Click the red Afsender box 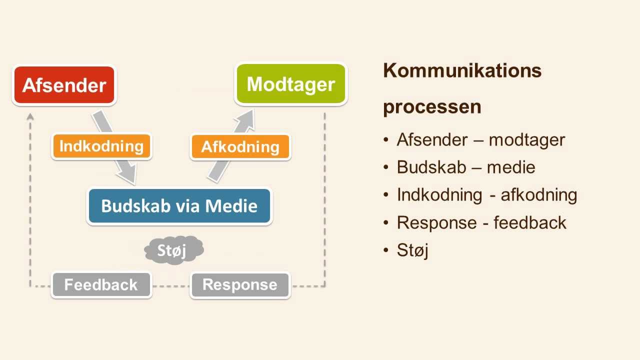pyautogui.click(x=64, y=85)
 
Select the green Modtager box pyautogui.click(x=291, y=84)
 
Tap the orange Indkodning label pyautogui.click(x=101, y=146)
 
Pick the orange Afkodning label pyautogui.click(x=240, y=147)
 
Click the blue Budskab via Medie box pyautogui.click(x=179, y=206)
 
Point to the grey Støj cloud pyautogui.click(x=173, y=250)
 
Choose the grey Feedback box pyautogui.click(x=101, y=285)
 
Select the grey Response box pyautogui.click(x=240, y=285)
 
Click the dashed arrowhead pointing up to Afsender pyautogui.click(x=30, y=117)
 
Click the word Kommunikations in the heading pyautogui.click(x=462, y=70)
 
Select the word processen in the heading pyautogui.click(x=432, y=107)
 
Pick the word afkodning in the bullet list pyautogui.click(x=538, y=195)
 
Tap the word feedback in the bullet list pyautogui.click(x=529, y=222)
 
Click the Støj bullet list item pyautogui.click(x=412, y=250)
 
